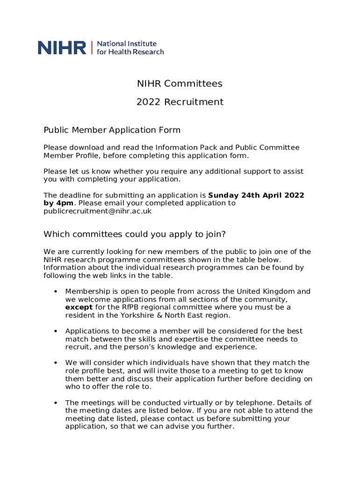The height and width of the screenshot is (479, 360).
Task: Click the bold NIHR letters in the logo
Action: tap(62, 48)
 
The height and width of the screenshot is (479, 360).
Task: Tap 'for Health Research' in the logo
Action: tap(130, 52)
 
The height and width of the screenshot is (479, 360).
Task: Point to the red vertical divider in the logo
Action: tap(92, 48)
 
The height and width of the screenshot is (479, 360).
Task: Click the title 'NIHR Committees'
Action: tap(180, 84)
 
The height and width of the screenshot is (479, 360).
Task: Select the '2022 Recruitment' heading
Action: tap(180, 102)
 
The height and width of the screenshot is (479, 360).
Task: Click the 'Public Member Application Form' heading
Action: tap(112, 130)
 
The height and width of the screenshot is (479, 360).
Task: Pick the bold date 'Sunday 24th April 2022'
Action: tap(256, 195)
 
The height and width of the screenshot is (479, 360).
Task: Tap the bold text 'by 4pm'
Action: tap(58, 203)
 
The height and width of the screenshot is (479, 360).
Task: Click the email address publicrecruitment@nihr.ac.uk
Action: tap(97, 211)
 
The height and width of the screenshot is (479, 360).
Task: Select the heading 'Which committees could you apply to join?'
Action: tap(135, 234)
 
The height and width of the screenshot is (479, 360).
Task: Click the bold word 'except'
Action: tap(79, 307)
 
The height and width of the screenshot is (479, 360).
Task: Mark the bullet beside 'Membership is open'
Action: tap(55, 291)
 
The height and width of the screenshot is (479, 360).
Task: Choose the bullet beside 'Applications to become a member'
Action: tap(55, 331)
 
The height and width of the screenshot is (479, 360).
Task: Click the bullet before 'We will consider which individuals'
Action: tap(55, 363)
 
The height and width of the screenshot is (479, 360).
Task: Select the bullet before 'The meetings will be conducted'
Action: tap(55, 403)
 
